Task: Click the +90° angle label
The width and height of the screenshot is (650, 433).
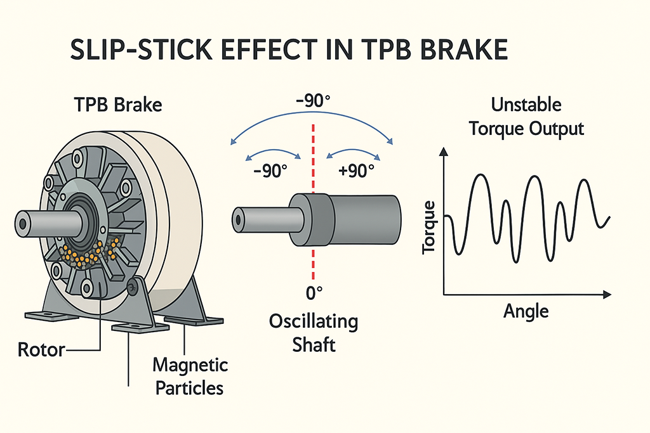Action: (353, 172)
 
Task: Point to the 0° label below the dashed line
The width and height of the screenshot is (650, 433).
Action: (314, 293)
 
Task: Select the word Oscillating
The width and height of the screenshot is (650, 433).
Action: (314, 322)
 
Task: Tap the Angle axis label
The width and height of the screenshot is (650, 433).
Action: (526, 311)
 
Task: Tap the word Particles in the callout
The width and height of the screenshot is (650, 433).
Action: (190, 388)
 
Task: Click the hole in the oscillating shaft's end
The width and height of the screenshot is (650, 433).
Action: (239, 219)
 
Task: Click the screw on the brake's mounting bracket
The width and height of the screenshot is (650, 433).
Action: (133, 287)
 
